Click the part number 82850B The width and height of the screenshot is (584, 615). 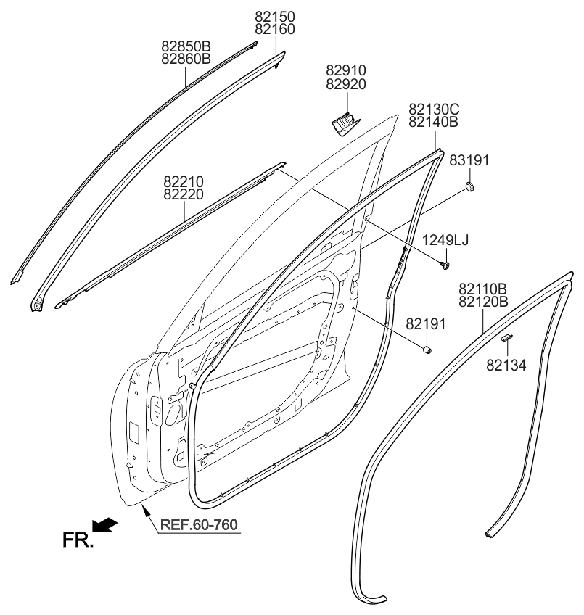click(x=186, y=46)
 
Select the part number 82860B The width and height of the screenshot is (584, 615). click(x=186, y=59)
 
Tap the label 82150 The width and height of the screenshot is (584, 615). click(x=275, y=16)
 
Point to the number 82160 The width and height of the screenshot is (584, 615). click(x=275, y=29)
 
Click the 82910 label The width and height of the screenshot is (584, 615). click(x=346, y=71)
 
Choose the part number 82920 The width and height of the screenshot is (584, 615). click(x=346, y=84)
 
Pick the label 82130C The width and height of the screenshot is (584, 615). click(x=435, y=110)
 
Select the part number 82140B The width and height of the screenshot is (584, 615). click(x=434, y=123)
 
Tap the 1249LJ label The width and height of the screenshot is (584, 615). click(x=446, y=241)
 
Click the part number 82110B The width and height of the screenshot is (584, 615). click(x=483, y=289)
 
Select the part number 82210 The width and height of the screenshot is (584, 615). click(x=184, y=181)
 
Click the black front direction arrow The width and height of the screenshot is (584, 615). click(x=106, y=524)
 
